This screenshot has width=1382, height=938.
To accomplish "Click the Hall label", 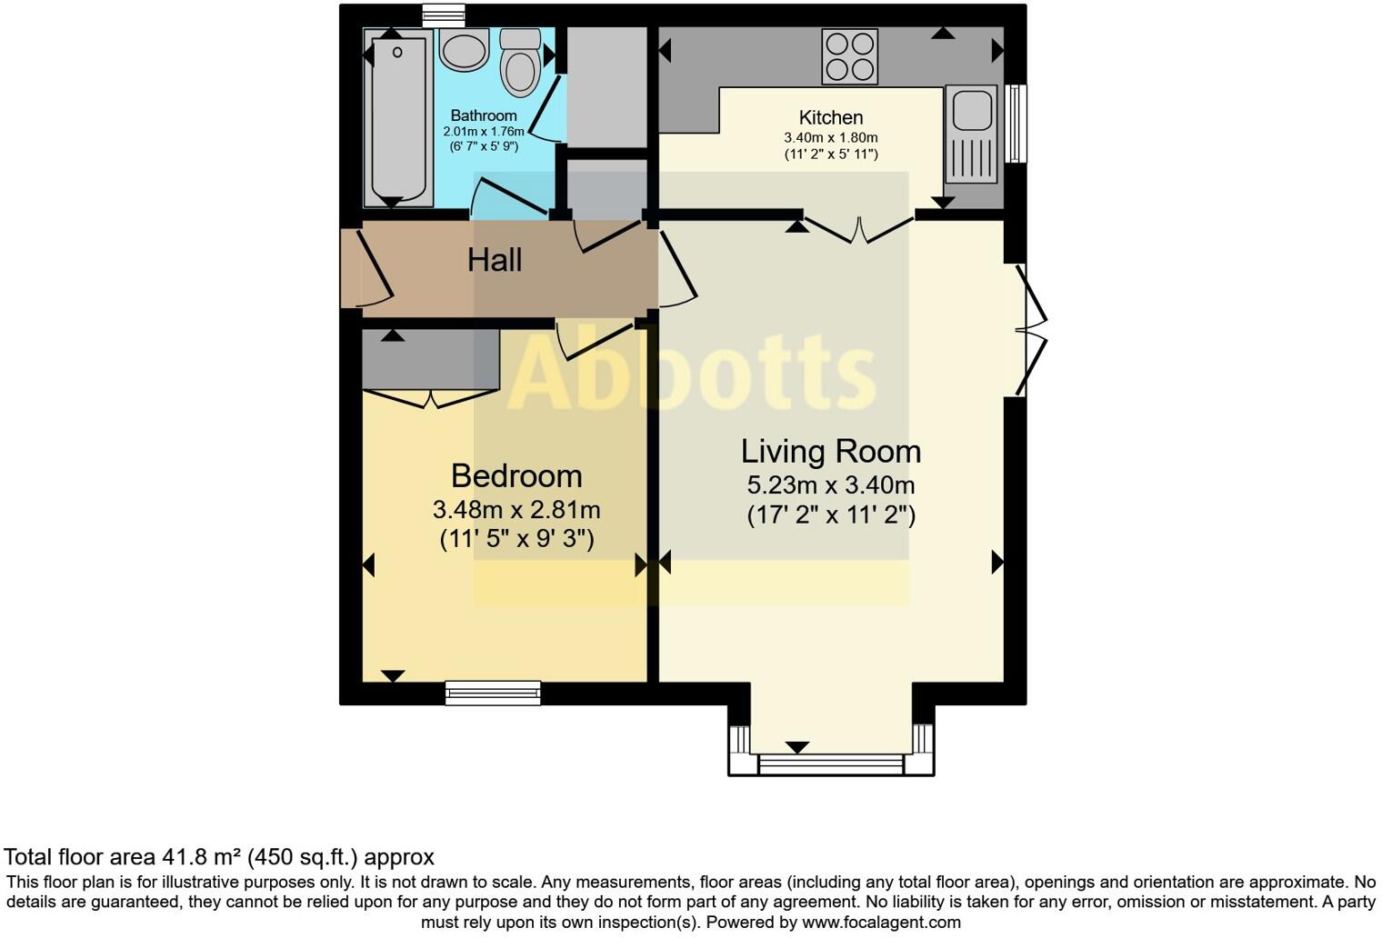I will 495,261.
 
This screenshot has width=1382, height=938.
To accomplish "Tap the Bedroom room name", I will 516,475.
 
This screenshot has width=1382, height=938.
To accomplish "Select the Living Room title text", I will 830,451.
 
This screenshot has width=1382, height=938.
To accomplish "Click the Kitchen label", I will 830,117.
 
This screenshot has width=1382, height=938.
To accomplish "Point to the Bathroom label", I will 484,115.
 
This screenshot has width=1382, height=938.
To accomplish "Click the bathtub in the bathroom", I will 398,118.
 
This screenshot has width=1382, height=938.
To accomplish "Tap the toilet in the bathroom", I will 520,63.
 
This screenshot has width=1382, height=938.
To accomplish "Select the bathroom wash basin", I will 465,48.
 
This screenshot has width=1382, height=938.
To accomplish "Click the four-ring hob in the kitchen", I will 849,56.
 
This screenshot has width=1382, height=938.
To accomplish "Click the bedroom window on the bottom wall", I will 493,694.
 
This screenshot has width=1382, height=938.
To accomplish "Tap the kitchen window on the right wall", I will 1016,124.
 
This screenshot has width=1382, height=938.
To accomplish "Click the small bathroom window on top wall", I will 444,15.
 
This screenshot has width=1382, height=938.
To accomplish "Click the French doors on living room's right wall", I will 1033,330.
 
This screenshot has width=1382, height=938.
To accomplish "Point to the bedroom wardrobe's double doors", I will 430,398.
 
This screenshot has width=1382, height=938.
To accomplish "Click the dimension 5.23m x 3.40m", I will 830,485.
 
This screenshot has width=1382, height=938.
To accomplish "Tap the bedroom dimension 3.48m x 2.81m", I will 516,509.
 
